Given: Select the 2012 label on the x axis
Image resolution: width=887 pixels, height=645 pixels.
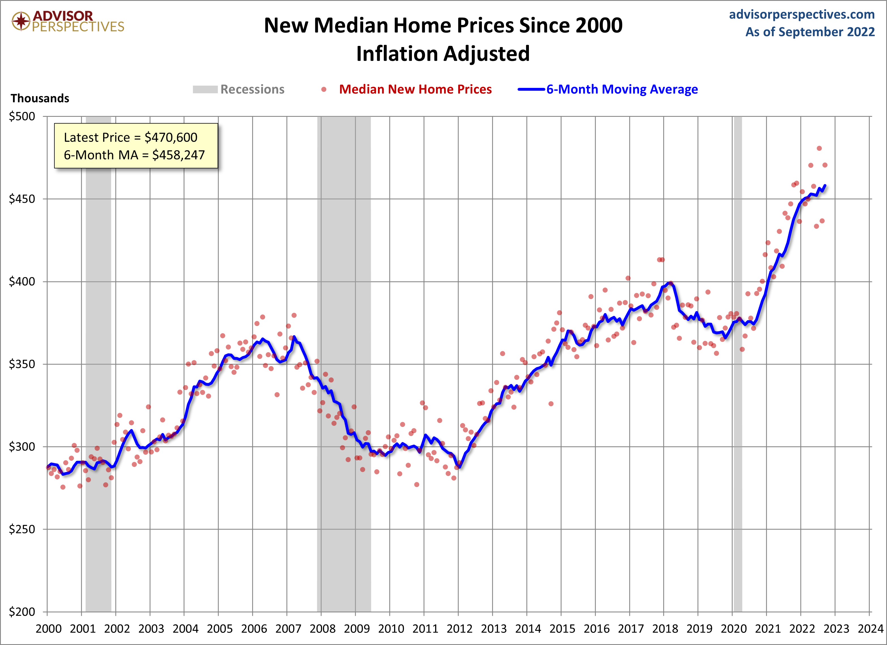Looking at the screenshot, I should (x=460, y=629).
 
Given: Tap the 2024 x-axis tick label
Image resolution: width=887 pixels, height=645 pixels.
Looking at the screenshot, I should (x=871, y=629).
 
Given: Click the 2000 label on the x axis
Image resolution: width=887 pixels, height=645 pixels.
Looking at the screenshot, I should (x=48, y=629).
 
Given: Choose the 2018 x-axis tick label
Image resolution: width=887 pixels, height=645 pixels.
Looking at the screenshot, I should (x=665, y=629).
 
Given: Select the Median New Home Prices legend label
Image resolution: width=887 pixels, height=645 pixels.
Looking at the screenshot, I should (x=415, y=89).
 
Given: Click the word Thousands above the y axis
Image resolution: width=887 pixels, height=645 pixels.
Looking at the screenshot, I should (x=40, y=98).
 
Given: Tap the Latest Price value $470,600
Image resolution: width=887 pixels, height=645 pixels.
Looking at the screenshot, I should (x=171, y=138).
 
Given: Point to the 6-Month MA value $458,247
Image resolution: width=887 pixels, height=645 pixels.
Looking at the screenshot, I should (x=178, y=155).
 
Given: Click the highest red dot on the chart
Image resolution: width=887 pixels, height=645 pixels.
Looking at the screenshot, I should (x=819, y=148).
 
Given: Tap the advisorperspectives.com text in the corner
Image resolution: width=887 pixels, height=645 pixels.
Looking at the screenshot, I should (x=802, y=14).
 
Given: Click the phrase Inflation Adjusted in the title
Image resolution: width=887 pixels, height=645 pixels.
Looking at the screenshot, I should (x=443, y=54).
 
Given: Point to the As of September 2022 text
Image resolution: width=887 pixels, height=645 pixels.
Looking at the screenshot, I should (x=810, y=32).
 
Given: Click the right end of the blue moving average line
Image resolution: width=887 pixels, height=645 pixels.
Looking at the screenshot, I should (x=825, y=185).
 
